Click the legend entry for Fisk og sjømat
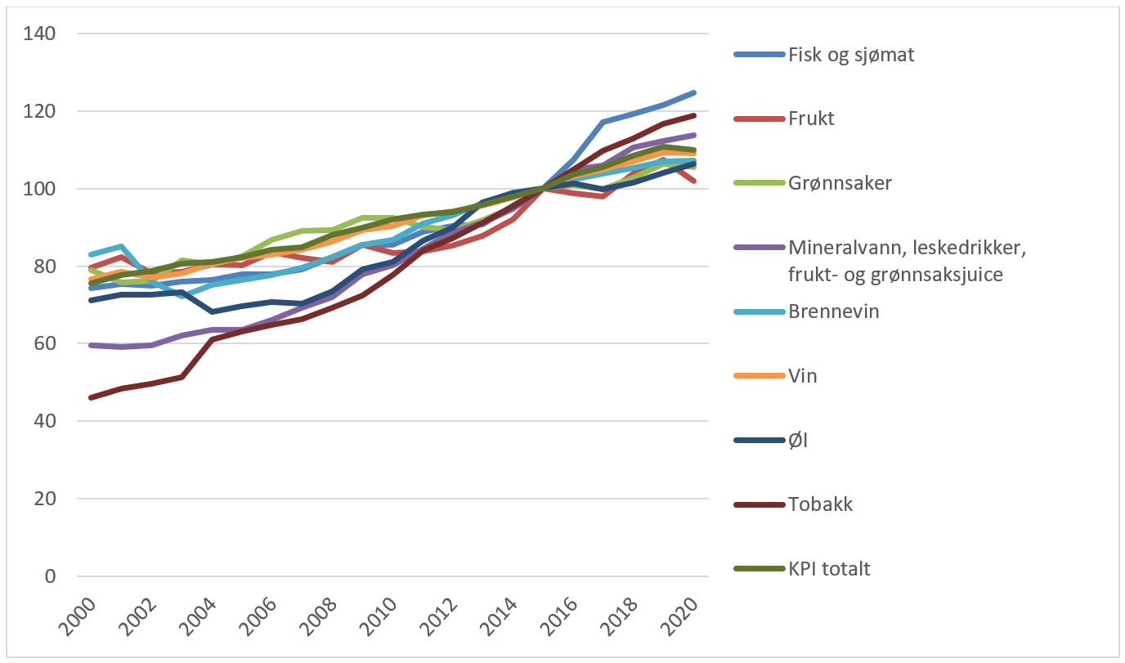click(851, 56)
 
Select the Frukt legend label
click(811, 119)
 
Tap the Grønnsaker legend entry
click(840, 182)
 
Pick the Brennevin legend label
click(833, 311)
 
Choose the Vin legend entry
click(803, 376)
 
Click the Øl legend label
click(798, 441)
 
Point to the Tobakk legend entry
click(820, 504)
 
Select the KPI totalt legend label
click(829, 569)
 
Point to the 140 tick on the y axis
click(40, 34)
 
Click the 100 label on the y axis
click(40, 189)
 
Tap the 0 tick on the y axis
click(51, 576)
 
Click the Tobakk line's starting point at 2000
click(91, 397)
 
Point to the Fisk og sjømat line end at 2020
click(694, 92)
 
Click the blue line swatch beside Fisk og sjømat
click(757, 56)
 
